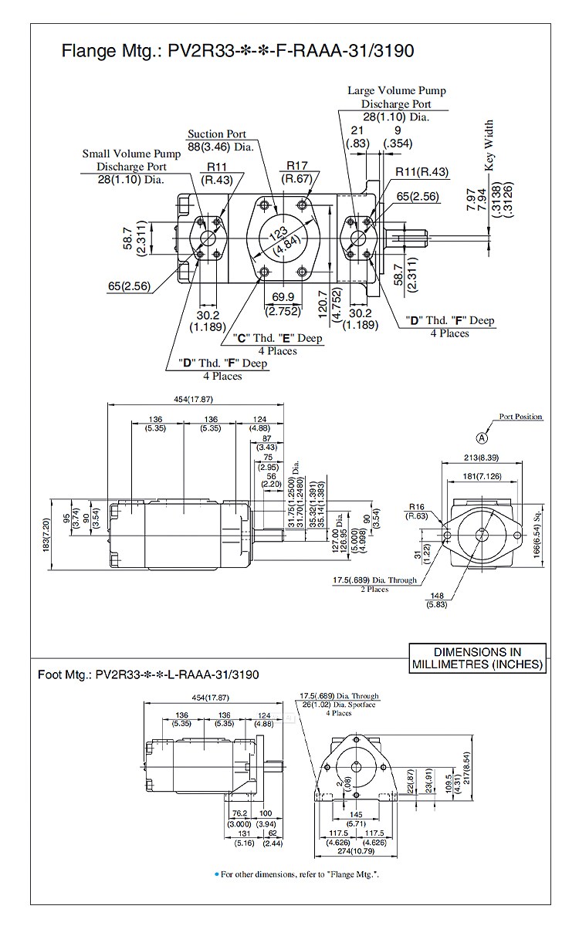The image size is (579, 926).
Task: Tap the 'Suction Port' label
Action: tap(216, 134)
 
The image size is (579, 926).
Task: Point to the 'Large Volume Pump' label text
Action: tap(396, 91)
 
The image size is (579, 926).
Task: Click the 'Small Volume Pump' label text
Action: tap(131, 154)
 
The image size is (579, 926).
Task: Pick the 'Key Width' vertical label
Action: tap(489, 144)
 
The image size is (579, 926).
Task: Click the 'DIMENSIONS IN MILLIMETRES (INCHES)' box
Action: tap(477, 657)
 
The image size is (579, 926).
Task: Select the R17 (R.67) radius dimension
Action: tap(297, 172)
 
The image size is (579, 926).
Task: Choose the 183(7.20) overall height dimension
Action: tap(46, 534)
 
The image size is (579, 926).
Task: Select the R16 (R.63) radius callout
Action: tap(418, 512)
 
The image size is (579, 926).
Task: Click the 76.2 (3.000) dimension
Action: tap(239, 819)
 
